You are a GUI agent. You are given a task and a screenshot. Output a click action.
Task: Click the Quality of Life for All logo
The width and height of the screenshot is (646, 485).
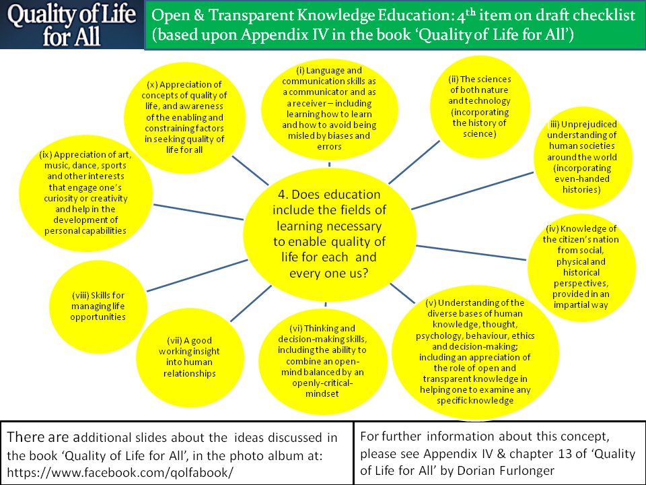pos(72,24)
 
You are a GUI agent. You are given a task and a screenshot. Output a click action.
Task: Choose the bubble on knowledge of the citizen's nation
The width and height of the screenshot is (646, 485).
pos(581,267)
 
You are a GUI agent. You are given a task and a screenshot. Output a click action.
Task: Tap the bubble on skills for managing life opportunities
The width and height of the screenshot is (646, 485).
pos(98,306)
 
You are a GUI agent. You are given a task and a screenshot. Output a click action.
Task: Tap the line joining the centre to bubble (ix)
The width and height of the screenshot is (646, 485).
pos(199,212)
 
